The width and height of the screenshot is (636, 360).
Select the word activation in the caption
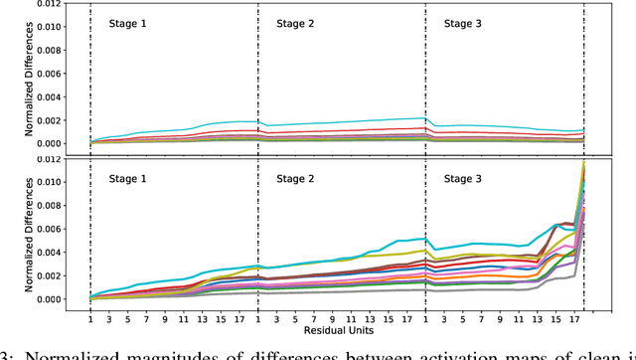click(417, 349)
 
